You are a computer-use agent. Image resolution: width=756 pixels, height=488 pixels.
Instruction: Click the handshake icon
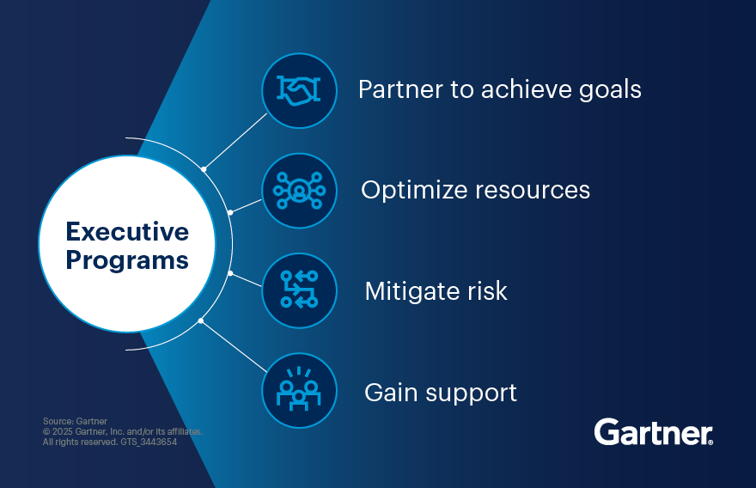point(299,90)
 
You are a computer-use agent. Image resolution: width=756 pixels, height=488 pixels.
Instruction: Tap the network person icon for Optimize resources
point(299,191)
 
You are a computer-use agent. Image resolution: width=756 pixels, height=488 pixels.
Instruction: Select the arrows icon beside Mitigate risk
point(299,290)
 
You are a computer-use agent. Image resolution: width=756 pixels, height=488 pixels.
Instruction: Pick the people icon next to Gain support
point(299,391)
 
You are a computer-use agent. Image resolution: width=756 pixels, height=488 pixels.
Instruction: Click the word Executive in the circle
point(127,232)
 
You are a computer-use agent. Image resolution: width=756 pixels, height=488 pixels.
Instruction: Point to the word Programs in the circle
point(127,259)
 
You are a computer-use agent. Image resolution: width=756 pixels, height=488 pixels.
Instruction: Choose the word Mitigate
point(414,291)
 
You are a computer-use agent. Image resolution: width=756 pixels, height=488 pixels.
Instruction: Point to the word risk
point(488,290)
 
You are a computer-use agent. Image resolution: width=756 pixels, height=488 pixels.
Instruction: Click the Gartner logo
point(653,431)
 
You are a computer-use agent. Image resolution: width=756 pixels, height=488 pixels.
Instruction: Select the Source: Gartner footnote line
point(75,421)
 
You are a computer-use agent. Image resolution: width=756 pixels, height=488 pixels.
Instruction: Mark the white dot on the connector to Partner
point(204,169)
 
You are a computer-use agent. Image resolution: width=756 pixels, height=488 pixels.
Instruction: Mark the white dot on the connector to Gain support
point(201,321)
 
